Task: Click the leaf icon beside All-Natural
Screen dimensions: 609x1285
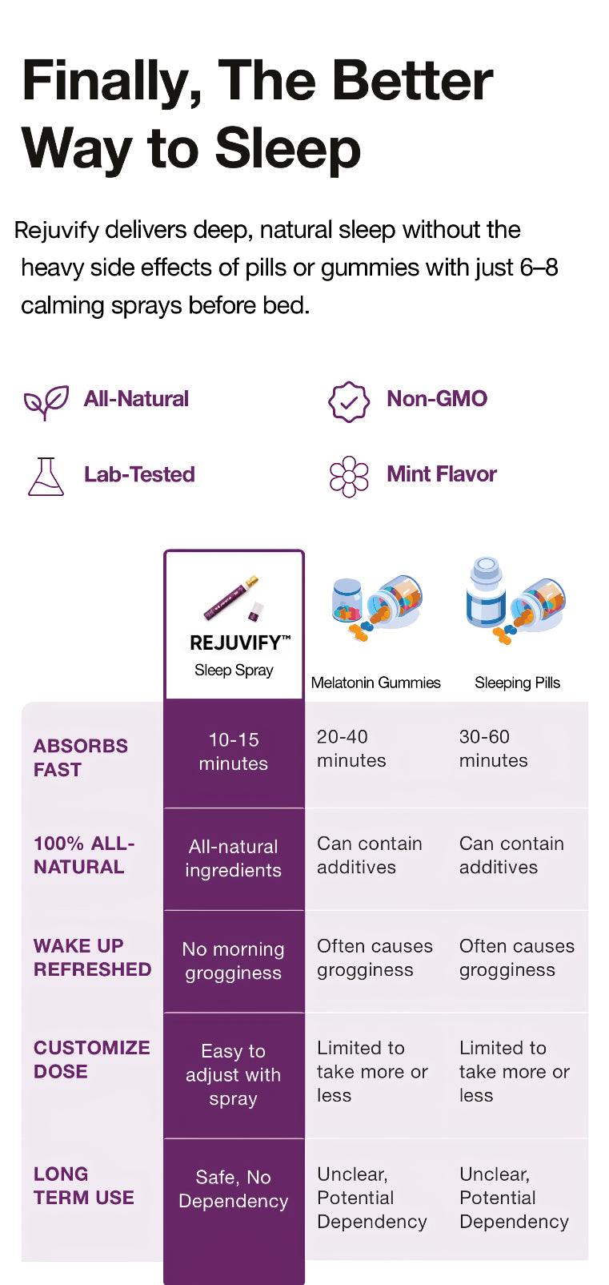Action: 46,401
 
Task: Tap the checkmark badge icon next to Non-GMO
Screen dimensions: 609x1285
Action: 348,401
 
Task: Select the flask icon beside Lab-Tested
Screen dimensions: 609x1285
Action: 46,476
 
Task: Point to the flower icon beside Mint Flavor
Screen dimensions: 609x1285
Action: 348,476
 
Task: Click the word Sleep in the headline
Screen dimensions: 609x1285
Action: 287,149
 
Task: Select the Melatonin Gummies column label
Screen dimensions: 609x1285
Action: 376,683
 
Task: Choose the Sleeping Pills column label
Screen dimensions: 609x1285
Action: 517,683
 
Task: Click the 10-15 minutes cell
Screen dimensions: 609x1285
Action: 234,751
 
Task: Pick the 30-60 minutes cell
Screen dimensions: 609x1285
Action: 493,748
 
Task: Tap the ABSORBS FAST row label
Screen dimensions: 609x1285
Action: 81,757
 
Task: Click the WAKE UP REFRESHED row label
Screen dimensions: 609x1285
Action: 92,957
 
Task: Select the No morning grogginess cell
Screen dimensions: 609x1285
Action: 233,961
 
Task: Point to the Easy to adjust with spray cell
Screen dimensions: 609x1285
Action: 233,1074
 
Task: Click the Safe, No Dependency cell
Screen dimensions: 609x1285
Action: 233,1189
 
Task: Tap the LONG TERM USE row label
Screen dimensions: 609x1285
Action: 84,1186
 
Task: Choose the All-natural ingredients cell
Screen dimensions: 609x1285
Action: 233,858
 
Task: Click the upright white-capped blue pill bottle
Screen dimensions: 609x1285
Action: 486,593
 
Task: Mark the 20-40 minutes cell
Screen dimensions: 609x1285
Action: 351,748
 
